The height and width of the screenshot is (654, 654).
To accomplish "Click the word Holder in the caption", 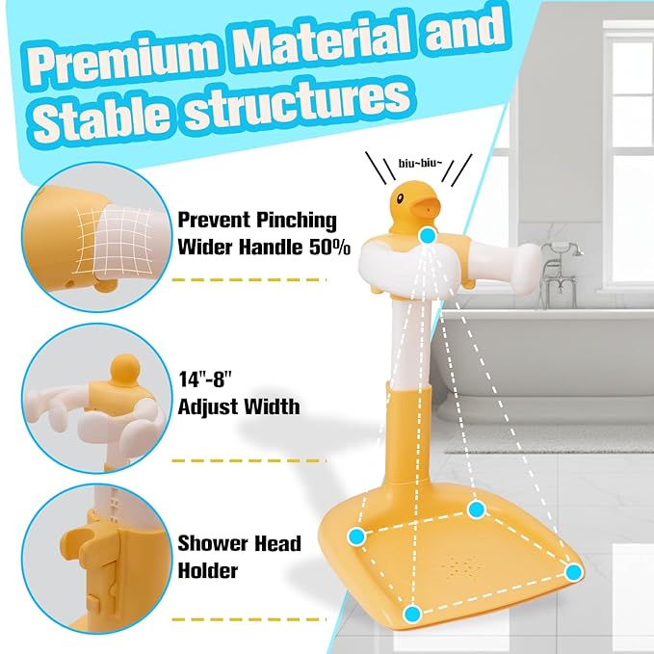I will [x=207, y=571].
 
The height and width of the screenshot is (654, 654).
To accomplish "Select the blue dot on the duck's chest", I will [x=428, y=235].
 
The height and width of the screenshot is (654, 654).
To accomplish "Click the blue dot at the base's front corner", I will [x=412, y=614].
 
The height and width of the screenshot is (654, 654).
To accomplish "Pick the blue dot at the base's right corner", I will [x=574, y=572].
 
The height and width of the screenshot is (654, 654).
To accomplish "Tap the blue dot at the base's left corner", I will [x=356, y=535].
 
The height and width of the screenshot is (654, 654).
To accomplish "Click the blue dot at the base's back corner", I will [x=475, y=508].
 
